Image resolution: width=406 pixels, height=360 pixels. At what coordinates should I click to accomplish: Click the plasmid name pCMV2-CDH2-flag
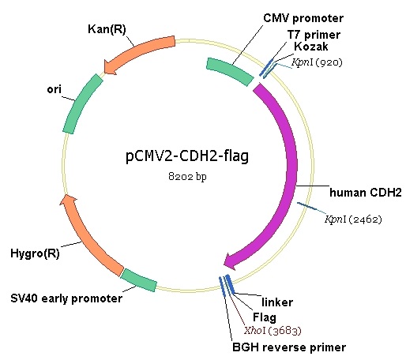[x=187, y=156]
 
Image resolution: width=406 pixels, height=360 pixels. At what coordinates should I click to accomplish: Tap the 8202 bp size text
[x=187, y=176]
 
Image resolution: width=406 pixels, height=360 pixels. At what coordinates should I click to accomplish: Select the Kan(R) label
[x=107, y=29]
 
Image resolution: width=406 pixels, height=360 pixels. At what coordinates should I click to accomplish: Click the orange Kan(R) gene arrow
[x=140, y=51]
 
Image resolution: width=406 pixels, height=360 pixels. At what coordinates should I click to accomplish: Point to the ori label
[x=54, y=89]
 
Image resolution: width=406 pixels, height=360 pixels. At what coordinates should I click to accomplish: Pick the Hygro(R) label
[x=35, y=253]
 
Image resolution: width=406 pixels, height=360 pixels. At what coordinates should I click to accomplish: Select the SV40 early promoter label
[x=66, y=298]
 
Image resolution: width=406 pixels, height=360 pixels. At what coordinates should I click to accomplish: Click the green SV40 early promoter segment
[x=139, y=280]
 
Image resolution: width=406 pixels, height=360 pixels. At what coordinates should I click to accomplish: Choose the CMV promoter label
[x=303, y=18]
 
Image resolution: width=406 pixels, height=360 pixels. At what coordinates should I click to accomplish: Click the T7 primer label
[x=314, y=35]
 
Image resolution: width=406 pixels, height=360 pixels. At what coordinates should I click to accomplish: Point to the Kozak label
[x=311, y=47]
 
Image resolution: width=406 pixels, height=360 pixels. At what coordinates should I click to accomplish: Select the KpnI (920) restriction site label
[x=317, y=62]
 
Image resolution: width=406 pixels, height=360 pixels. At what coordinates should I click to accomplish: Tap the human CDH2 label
[x=366, y=193]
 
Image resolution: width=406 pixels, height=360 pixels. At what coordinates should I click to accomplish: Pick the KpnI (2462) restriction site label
[x=353, y=219]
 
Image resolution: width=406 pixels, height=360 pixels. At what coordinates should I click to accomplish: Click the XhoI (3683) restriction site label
[x=273, y=330]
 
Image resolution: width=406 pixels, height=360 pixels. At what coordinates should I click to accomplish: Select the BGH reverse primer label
[x=289, y=347]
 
